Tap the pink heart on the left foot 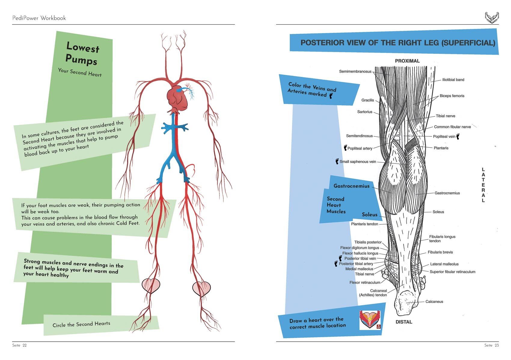click(x=151, y=285)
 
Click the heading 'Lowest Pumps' click(x=82, y=53)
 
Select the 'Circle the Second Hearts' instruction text click(x=81, y=324)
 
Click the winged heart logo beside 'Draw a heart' click(x=370, y=320)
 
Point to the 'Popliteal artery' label click(x=360, y=148)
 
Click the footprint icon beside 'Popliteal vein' click(x=458, y=137)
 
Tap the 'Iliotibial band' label click(x=453, y=80)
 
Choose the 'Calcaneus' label click(x=434, y=302)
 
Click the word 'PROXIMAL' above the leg click(x=407, y=61)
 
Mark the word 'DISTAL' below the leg click(x=404, y=322)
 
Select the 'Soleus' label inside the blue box click(x=369, y=215)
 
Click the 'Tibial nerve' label click(x=445, y=116)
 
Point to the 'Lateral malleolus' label click(x=444, y=264)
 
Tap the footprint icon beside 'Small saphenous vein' click(x=337, y=161)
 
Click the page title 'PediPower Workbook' click(x=39, y=18)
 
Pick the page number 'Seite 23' click(x=491, y=345)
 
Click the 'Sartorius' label click(x=365, y=112)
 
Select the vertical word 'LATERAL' click(x=483, y=185)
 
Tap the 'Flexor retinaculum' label click(x=365, y=282)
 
